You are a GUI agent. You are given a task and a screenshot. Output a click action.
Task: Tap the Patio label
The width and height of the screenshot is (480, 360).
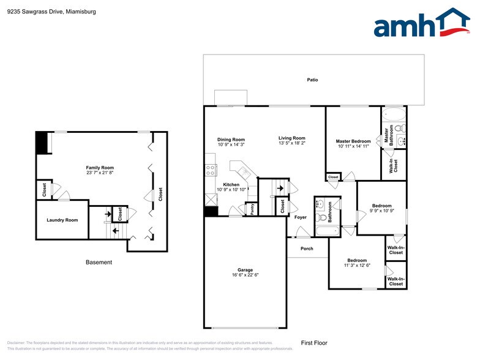pyautogui.click(x=313, y=80)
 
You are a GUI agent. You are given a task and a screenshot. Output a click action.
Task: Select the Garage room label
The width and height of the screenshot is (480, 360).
pyautogui.click(x=245, y=270)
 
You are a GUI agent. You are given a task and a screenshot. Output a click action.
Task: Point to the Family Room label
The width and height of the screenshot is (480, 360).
pyautogui.click(x=100, y=168)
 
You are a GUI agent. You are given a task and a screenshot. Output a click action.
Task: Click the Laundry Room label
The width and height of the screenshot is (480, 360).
pyautogui.click(x=62, y=220)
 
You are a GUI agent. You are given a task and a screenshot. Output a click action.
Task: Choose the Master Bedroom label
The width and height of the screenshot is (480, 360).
pyautogui.click(x=353, y=141)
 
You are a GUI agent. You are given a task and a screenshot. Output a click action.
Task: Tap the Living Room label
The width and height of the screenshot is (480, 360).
pyautogui.click(x=292, y=138)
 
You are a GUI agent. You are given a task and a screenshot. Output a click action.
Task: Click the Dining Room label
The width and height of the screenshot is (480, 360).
pyautogui.click(x=231, y=140)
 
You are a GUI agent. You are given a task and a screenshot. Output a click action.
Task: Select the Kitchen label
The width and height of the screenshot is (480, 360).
pyautogui.click(x=231, y=184)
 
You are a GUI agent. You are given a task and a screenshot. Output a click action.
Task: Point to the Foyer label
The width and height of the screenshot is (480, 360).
pyautogui.click(x=301, y=217)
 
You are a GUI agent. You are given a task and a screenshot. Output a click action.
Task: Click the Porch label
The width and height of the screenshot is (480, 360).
pyautogui.click(x=307, y=249)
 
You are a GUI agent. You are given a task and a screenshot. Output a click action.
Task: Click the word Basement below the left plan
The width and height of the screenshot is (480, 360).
pyautogui.click(x=99, y=262)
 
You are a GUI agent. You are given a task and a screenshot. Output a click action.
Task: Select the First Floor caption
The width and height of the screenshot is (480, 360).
pyautogui.click(x=314, y=343)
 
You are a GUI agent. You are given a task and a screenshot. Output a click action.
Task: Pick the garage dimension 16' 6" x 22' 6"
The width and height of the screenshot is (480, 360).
pyautogui.click(x=245, y=275)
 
